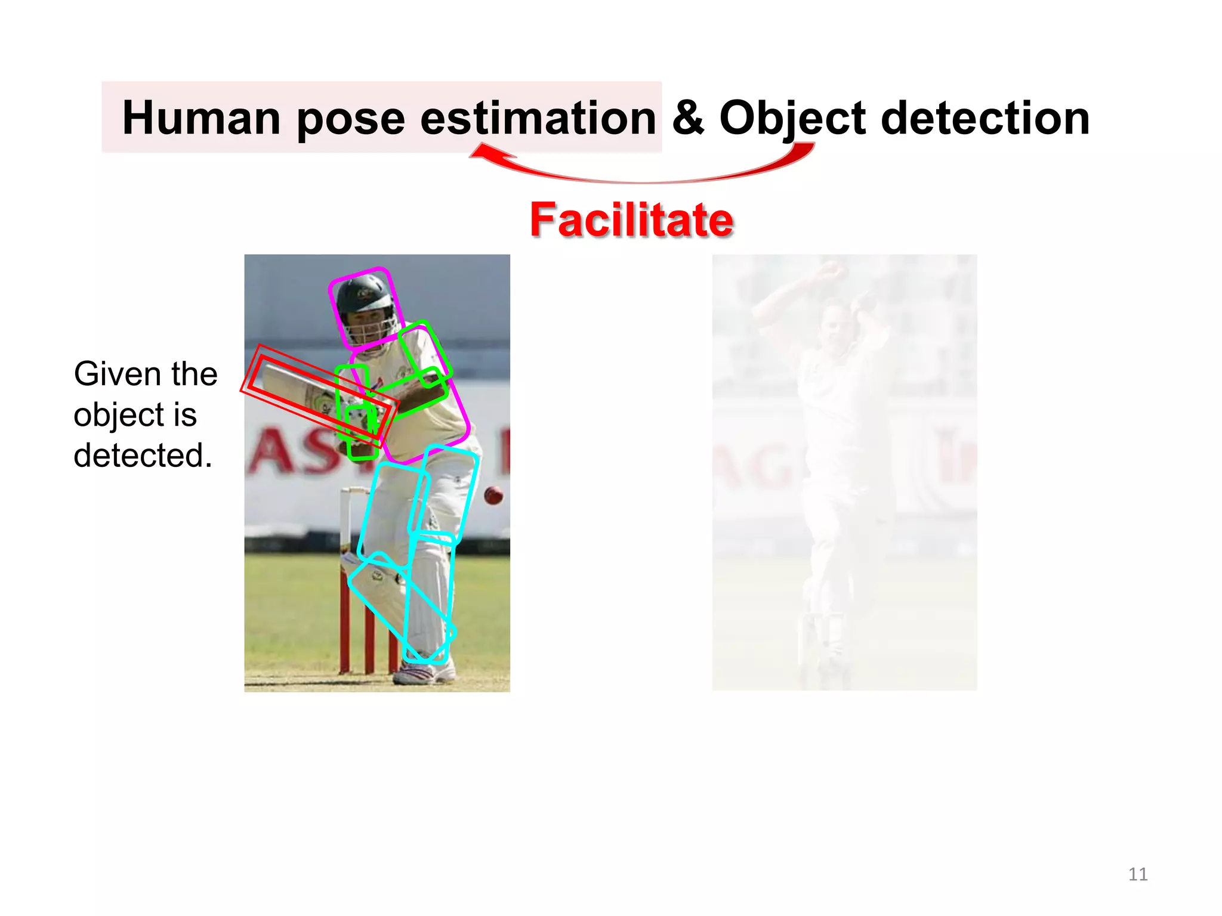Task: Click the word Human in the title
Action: pos(201,118)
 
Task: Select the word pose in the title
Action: pos(350,118)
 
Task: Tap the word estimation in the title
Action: pos(538,118)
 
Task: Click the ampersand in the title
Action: pos(687,117)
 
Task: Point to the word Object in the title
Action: pos(792,118)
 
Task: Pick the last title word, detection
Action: pos(985,118)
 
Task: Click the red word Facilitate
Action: pos(631,220)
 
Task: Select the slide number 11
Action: pos(1138,874)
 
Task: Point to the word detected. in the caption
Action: pos(143,456)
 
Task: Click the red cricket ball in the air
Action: pos(493,495)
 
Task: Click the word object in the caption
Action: pos(118,415)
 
